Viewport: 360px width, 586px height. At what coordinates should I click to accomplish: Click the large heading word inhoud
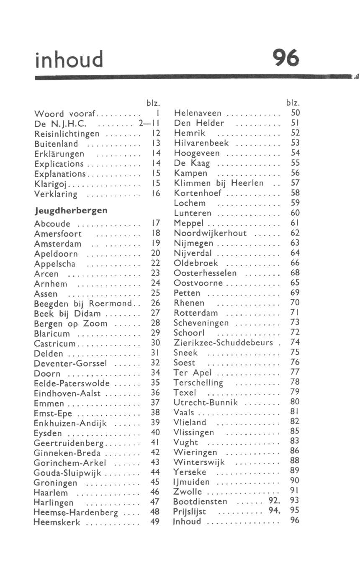point(69,59)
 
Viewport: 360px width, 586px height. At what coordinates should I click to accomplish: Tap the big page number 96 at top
point(286,58)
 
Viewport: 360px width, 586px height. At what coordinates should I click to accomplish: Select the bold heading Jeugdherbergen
point(71,210)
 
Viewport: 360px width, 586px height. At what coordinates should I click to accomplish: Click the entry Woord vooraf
point(65,114)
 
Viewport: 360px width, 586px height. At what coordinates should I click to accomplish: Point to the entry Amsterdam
point(58,244)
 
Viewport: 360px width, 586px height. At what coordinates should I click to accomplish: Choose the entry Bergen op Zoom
point(70,324)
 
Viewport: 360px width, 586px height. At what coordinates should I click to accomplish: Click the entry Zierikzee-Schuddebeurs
point(224,343)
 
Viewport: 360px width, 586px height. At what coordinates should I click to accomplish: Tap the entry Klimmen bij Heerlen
point(219,183)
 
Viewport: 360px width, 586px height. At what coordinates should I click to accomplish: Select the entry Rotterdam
point(196,313)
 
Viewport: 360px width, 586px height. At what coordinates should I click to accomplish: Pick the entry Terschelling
point(198,383)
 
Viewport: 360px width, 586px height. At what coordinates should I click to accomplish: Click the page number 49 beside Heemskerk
point(155,522)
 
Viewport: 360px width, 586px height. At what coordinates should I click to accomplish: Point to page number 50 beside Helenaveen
point(295,113)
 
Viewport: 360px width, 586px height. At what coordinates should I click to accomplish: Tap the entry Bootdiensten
point(200,502)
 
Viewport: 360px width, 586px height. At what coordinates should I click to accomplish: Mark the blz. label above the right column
point(293,103)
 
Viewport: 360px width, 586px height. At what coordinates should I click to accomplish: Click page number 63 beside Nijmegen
point(295,243)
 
